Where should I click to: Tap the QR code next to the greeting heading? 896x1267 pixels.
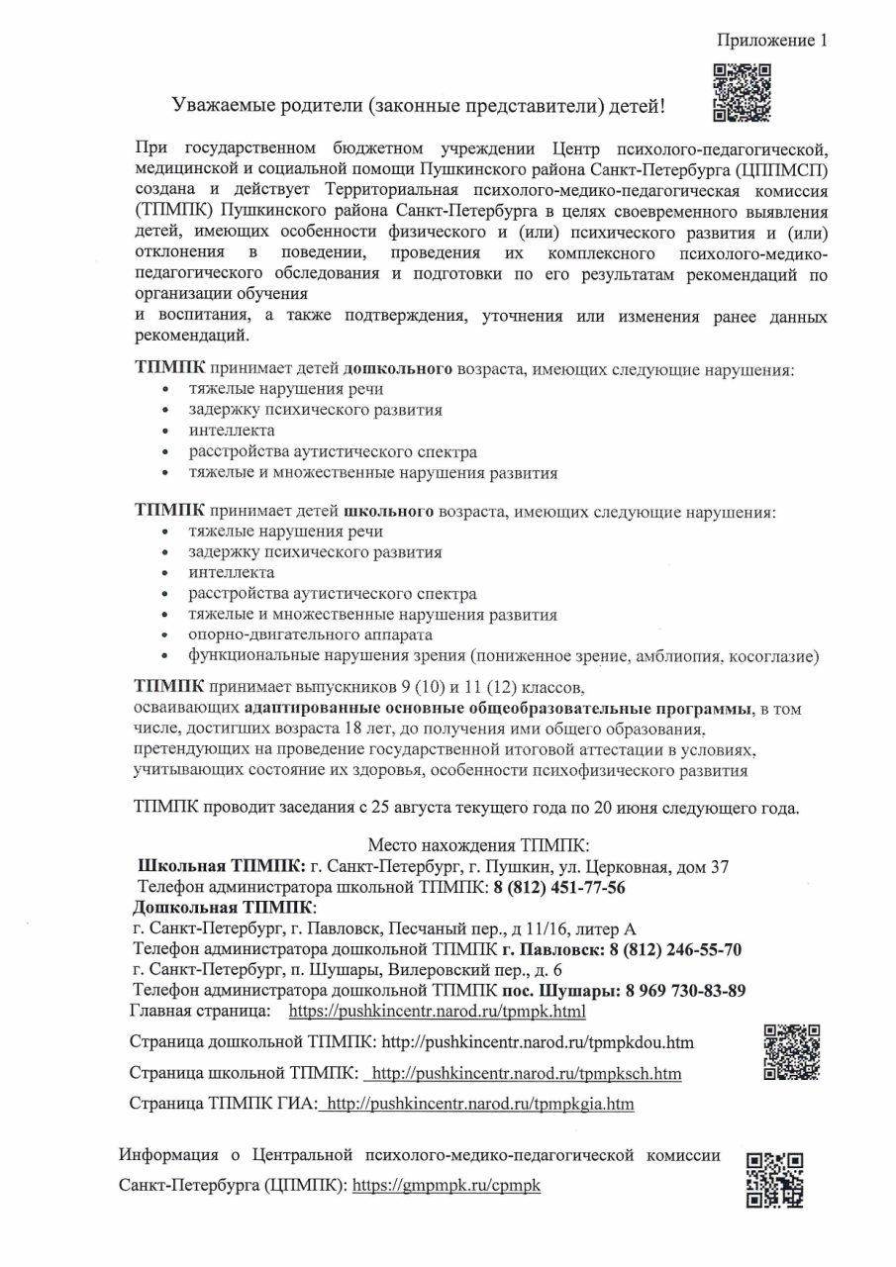pyautogui.click(x=742, y=93)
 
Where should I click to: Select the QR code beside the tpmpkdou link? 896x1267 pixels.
pyautogui.click(x=791, y=1050)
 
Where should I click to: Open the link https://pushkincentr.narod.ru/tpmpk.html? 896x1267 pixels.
pyautogui.click(x=437, y=1012)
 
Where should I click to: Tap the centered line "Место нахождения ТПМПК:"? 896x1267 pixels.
pyautogui.click(x=478, y=845)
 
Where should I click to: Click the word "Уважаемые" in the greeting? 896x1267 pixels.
pyautogui.click(x=225, y=105)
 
